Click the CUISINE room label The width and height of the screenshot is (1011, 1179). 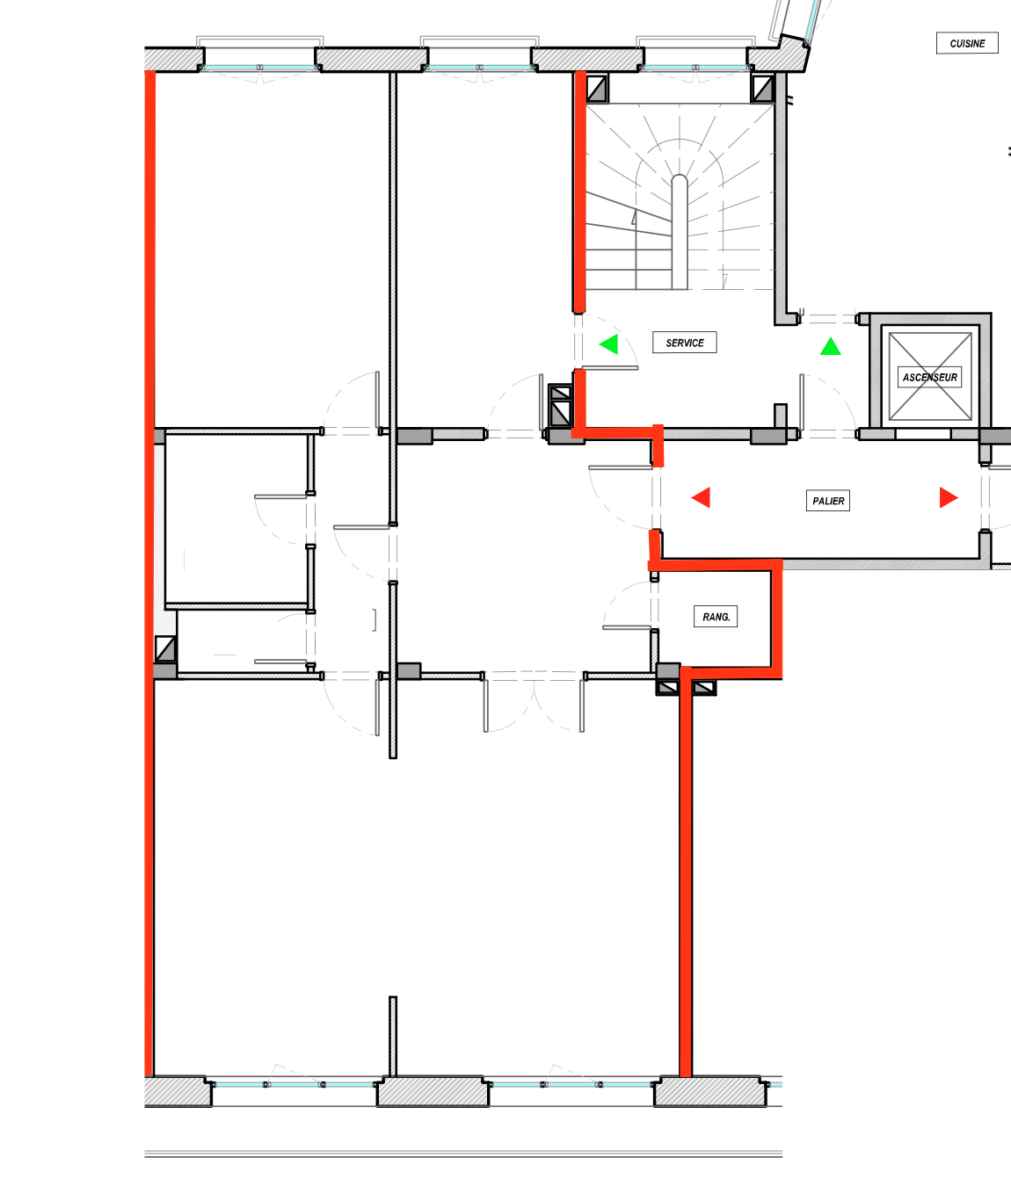pos(967,43)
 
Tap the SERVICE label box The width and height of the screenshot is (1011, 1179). pos(685,343)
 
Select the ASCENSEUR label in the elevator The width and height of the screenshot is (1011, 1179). pos(929,377)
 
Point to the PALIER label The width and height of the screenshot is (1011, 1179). pos(828,500)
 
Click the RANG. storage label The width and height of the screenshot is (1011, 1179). pos(716,617)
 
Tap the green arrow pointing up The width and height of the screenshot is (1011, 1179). pos(830,346)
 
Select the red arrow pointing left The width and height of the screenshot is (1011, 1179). pos(701,497)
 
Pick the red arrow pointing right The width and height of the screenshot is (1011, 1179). pos(949,497)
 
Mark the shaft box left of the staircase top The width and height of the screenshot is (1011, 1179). pos(597,89)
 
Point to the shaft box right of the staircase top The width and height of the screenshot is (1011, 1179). pos(763,89)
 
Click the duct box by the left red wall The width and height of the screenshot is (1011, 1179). pos(165,649)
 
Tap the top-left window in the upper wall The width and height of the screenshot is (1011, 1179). pos(259,57)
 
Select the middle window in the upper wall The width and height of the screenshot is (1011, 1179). pos(479,57)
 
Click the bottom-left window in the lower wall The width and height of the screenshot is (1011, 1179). pos(294,1084)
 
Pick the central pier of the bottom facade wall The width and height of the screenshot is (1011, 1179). pos(433,1092)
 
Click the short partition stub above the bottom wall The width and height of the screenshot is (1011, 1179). pos(393,1037)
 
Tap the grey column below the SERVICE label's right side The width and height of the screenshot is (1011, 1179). pos(781,416)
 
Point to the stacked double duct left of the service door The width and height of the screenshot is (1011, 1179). pos(560,406)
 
